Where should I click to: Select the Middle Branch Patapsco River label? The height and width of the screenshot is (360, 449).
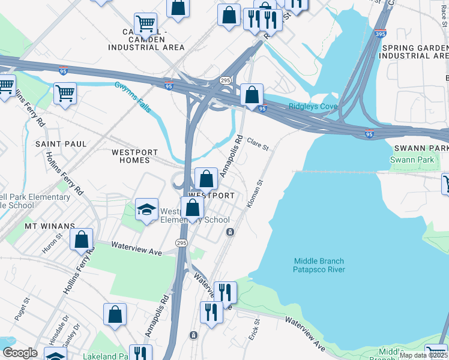click(319, 265)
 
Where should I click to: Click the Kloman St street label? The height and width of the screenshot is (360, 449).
click(255, 194)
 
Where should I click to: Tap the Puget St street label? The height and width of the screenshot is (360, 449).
click(22, 310)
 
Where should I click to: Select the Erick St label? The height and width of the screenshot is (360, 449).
click(255, 329)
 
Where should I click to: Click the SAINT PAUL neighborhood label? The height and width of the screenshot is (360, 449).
click(61, 144)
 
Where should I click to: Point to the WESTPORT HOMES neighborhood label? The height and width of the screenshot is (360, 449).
click(131, 156)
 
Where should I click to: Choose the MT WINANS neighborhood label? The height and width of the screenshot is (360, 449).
click(49, 226)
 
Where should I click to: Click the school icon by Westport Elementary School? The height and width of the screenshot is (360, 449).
click(146, 210)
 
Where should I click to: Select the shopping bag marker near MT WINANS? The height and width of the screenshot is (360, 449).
click(81, 239)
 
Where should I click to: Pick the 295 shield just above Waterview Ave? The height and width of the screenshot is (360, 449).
click(182, 243)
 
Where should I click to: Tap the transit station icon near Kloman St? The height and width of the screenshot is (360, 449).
click(229, 232)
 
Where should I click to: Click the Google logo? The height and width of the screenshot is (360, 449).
click(20, 353)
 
